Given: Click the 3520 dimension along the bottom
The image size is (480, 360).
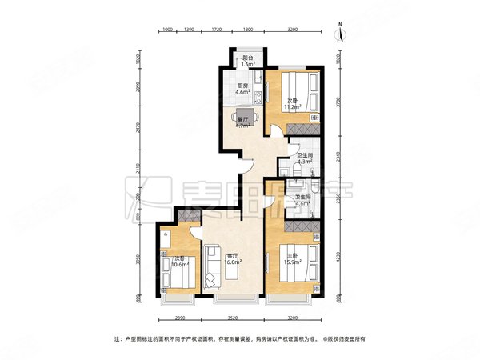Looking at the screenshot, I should [x=232, y=318].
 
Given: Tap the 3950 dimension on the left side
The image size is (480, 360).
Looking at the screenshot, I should [x=137, y=262].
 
